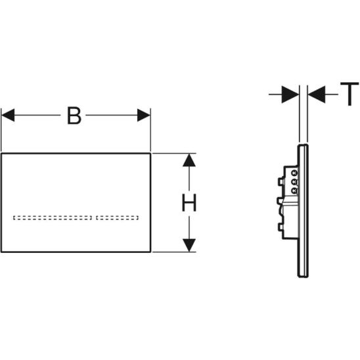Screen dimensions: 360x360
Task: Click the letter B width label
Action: coord(74,116)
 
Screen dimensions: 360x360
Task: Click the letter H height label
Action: coord(189,203)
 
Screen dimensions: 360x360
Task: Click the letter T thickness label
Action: coord(349,94)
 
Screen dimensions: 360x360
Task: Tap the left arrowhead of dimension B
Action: coord(8,115)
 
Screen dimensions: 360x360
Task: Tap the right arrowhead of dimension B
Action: coord(144,115)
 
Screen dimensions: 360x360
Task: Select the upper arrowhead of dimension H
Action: coord(189,160)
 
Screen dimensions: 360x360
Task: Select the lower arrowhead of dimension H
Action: coord(189,245)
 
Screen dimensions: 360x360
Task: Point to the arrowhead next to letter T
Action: coord(317,94)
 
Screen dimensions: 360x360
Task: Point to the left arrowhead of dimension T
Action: coord(290,94)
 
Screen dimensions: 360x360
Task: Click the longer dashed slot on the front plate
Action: coord(53,217)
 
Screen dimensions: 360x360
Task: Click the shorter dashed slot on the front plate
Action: coord(118,217)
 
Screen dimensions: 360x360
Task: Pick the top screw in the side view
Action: coord(294,173)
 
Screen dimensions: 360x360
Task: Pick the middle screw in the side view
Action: coord(294,182)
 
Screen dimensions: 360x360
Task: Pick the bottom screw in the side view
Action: coord(294,191)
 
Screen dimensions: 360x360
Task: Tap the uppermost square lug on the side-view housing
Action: coord(281,181)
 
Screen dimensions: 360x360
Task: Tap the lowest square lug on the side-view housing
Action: coord(281,227)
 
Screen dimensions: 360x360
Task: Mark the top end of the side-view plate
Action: coord(304,145)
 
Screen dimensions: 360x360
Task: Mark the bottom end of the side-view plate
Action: coord(304,277)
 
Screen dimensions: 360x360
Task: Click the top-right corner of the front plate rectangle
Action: coord(150,153)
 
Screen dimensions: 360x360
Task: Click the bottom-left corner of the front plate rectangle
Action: coord(1,252)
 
